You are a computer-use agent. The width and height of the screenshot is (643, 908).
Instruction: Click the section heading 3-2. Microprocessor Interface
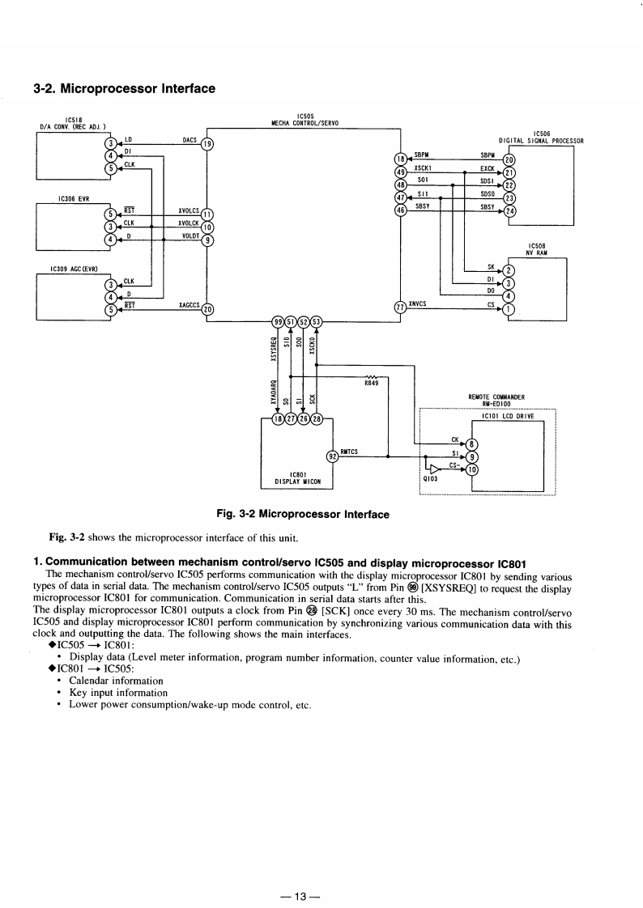point(124,88)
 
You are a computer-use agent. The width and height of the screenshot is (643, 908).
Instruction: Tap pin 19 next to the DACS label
point(207,144)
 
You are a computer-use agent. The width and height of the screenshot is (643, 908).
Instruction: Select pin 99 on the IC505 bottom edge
point(278,323)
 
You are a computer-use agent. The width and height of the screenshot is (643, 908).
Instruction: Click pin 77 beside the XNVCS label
point(398,307)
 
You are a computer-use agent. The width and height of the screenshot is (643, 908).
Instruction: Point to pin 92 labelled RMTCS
point(332,455)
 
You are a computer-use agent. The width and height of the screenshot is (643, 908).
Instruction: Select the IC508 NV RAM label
point(538,249)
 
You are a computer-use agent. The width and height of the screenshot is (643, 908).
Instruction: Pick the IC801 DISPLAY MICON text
point(296,478)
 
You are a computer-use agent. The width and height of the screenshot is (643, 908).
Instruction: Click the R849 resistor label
point(373,383)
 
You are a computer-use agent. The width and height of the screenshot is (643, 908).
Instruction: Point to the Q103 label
point(430,477)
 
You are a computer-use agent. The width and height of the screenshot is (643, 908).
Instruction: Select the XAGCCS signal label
point(189,306)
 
